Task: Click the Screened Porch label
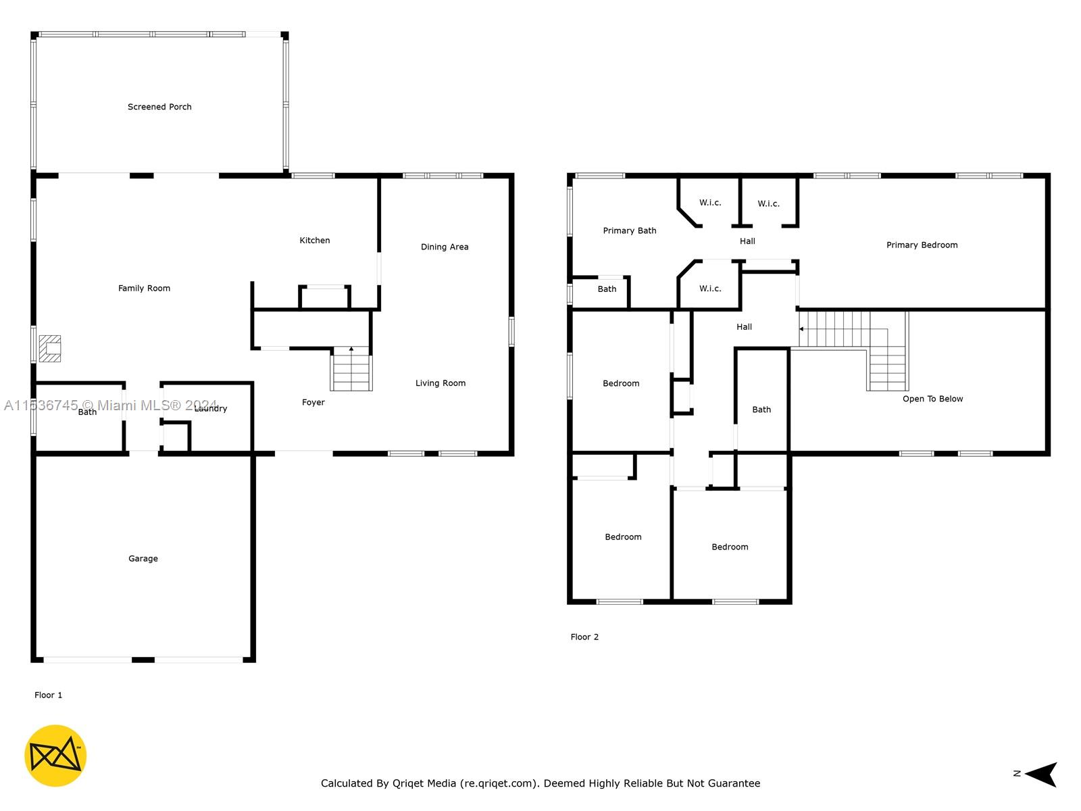pyautogui.click(x=159, y=107)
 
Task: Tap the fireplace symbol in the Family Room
pyautogui.click(x=50, y=348)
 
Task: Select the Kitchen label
pyautogui.click(x=315, y=241)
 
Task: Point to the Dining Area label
pyautogui.click(x=444, y=247)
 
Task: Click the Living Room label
pyautogui.click(x=441, y=383)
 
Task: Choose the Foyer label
pyautogui.click(x=313, y=402)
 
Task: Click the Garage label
pyautogui.click(x=143, y=558)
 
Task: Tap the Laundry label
pyautogui.click(x=211, y=408)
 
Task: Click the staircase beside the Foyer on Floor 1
pyautogui.click(x=351, y=368)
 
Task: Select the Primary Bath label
pyautogui.click(x=630, y=230)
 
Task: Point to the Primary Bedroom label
pyautogui.click(x=922, y=245)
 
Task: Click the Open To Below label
pyautogui.click(x=932, y=399)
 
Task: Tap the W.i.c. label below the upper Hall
pyautogui.click(x=710, y=289)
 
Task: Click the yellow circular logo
pyautogui.click(x=55, y=756)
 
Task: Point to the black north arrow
pyautogui.click(x=1040, y=774)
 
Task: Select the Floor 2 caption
pyautogui.click(x=584, y=637)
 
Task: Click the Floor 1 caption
pyautogui.click(x=48, y=695)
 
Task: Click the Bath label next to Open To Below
pyautogui.click(x=761, y=410)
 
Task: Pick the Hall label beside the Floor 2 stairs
pyautogui.click(x=744, y=327)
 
